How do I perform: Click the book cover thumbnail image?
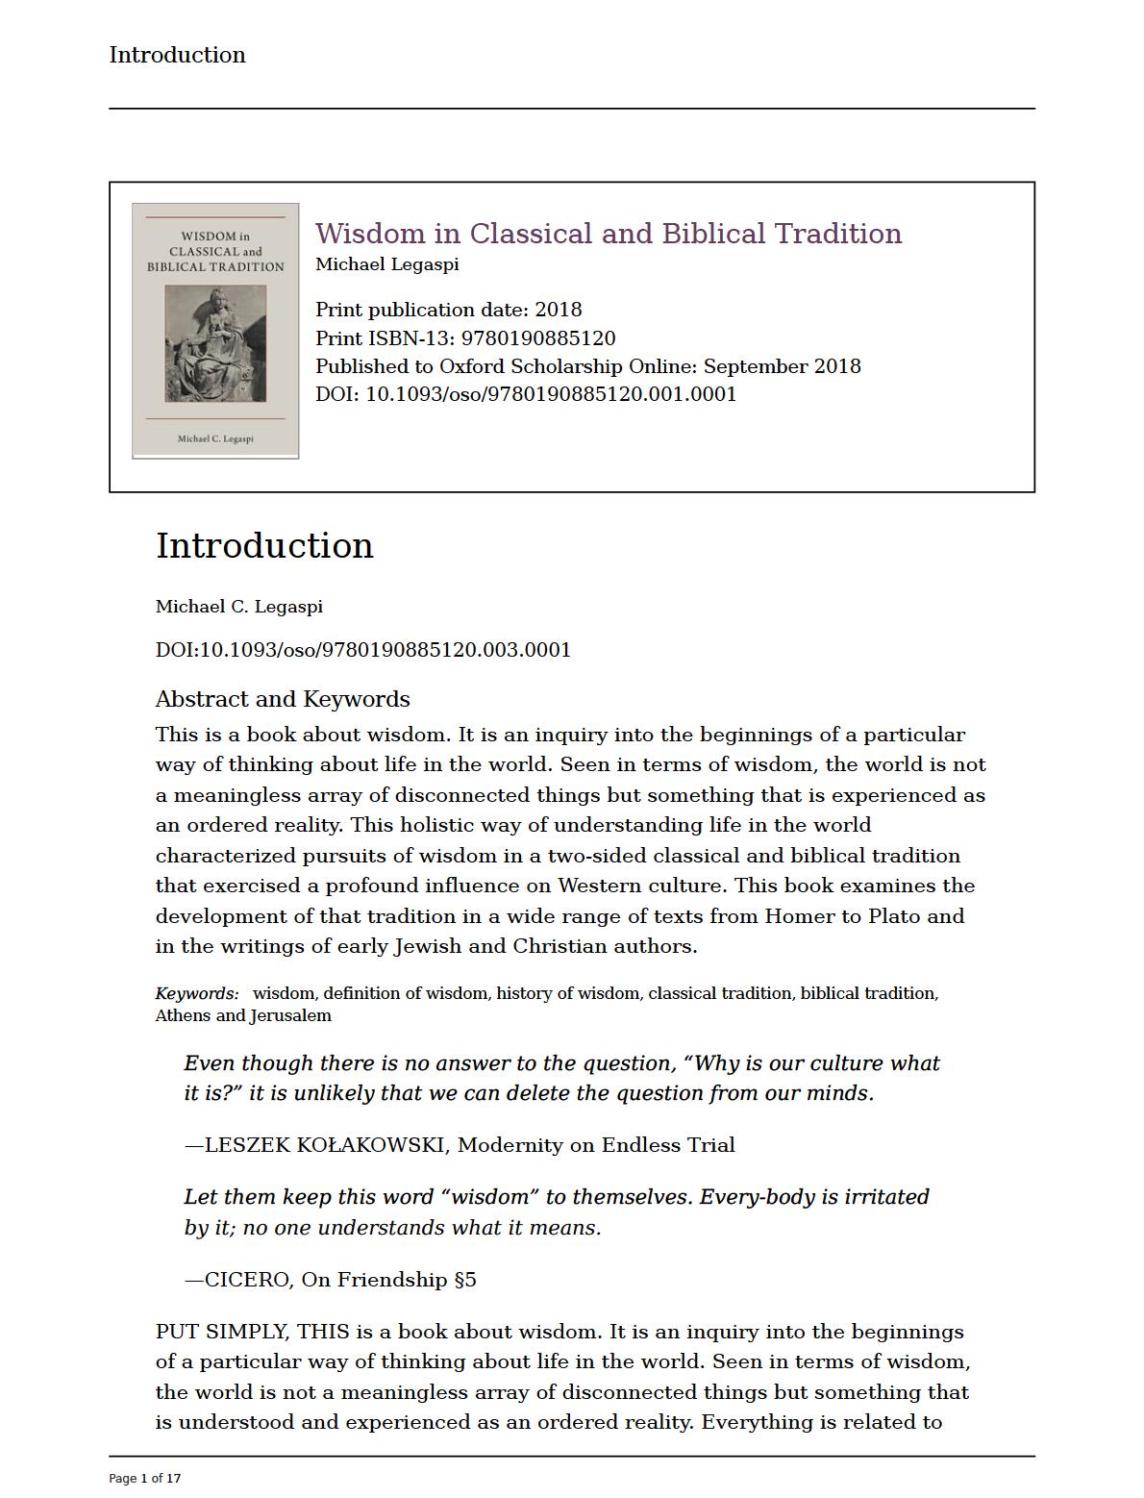(215, 331)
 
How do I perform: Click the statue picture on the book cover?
(215, 343)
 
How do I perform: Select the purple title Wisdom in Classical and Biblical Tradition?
(609, 234)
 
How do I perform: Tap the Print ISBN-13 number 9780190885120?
(538, 338)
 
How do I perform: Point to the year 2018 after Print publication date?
(559, 310)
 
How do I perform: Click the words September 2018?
(783, 366)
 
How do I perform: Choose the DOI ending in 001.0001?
(551, 394)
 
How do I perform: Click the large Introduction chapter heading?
(264, 545)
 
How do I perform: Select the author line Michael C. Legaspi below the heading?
(239, 607)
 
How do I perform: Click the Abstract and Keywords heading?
(283, 699)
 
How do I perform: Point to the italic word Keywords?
(197, 993)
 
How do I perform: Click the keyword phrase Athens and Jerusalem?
(243, 1015)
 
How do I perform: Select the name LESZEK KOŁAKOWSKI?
(326, 1145)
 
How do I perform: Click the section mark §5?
(465, 1280)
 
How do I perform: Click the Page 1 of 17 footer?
(145, 1478)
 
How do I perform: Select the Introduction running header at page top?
(178, 55)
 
